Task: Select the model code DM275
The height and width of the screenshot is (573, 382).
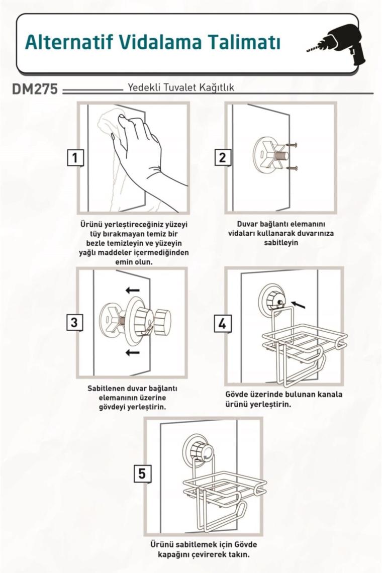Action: (35, 88)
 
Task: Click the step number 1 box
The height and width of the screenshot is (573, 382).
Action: (75, 158)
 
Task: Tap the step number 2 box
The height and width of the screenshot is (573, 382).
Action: (222, 157)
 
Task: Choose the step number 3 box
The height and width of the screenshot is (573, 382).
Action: (74, 322)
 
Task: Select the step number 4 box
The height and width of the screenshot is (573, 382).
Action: (222, 324)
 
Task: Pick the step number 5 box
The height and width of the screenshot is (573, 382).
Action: (141, 473)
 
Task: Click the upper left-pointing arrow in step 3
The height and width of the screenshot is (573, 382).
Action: (132, 291)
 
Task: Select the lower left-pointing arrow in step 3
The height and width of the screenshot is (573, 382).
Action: (132, 352)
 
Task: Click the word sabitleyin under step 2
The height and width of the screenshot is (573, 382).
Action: (281, 243)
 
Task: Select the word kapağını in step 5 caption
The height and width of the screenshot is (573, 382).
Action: (172, 554)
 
